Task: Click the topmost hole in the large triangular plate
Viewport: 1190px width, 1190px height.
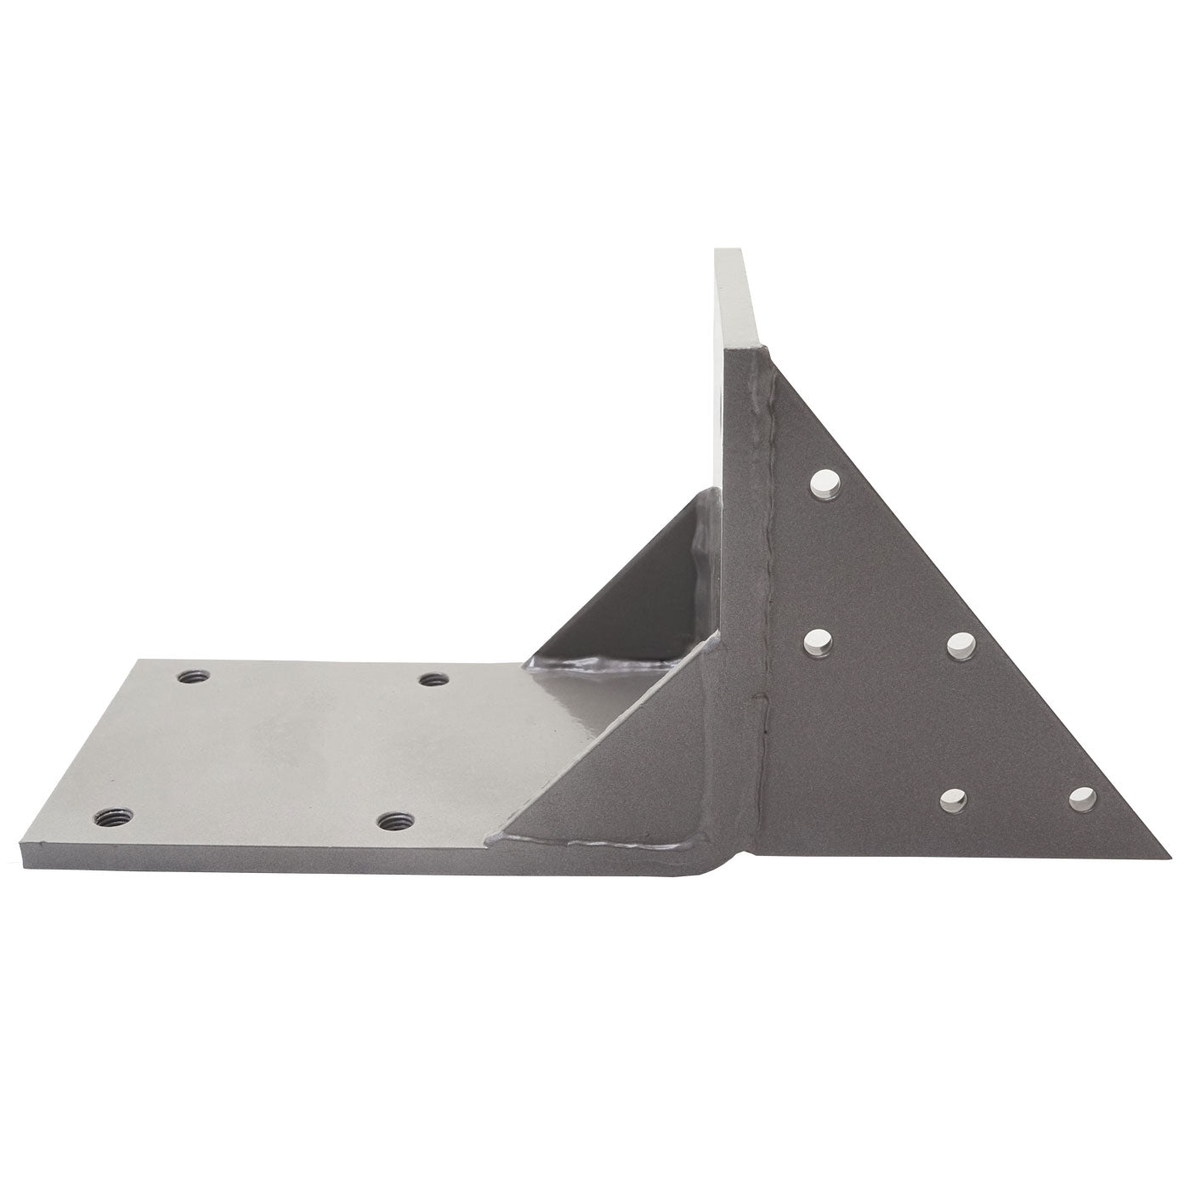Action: coord(823,484)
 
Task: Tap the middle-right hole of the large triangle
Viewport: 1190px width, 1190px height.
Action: coord(959,645)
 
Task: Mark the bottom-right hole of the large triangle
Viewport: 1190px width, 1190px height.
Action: coord(1080,796)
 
